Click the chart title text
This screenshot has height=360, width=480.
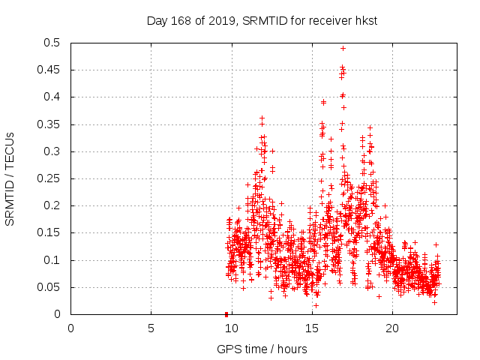261,21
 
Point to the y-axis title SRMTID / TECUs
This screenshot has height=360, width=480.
10,178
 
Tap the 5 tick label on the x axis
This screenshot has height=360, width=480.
151,328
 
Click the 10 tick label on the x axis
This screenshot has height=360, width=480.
231,328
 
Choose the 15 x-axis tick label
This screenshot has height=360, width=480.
311,328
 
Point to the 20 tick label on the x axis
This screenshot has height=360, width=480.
391,328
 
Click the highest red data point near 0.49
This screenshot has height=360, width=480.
343,48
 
